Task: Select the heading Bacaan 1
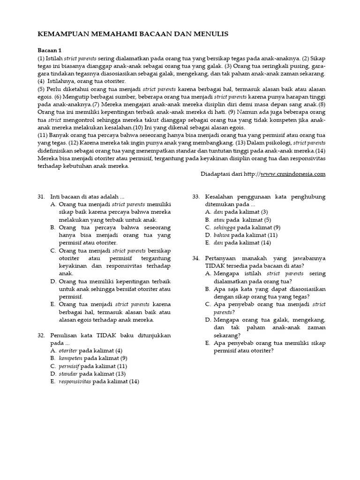[x=49, y=50]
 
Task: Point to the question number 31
[x=41, y=196]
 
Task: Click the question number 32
[x=41, y=335]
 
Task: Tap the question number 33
[x=196, y=196]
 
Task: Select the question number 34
[x=196, y=258]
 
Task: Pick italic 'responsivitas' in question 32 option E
[x=75, y=381]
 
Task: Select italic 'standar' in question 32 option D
[x=68, y=374]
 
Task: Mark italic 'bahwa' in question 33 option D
[x=221, y=235]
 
